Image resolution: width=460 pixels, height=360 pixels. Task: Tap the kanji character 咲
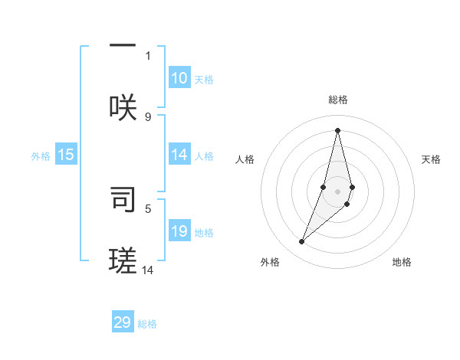coord(123,106)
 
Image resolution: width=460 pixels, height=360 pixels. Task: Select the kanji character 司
coord(123,198)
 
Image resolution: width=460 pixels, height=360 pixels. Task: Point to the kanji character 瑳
coord(123,260)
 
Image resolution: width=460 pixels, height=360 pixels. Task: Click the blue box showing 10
coord(179,78)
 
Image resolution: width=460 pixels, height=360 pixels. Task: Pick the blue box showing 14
coord(179,155)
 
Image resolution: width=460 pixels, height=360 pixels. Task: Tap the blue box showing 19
coord(179,231)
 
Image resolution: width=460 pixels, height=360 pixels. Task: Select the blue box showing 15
coord(66,155)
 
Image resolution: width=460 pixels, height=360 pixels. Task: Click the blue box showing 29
coord(123,322)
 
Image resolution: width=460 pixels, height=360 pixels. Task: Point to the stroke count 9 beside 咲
coord(148,116)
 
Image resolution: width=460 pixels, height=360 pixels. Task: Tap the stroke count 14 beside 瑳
coord(148,270)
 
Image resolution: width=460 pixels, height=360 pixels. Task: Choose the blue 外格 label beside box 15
coord(41,156)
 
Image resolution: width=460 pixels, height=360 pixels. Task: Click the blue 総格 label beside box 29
coord(147,324)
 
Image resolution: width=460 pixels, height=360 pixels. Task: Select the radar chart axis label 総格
coord(338,100)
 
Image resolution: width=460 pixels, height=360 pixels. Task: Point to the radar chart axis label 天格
coord(432,159)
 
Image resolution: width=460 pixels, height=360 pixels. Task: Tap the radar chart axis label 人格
coord(245,159)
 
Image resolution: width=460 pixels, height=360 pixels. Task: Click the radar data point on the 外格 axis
coord(301,242)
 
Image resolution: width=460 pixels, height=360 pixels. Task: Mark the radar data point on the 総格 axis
coord(338,129)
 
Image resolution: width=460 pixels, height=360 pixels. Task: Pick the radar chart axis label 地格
coord(402,262)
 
